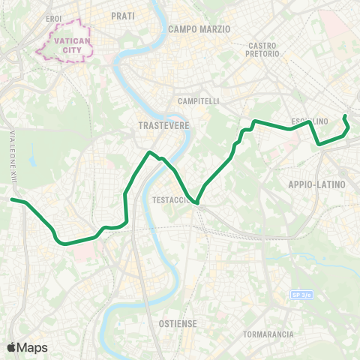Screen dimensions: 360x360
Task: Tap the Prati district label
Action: [x=122, y=15]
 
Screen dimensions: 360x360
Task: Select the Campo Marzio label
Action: [x=199, y=28]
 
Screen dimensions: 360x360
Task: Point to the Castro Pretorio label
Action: [x=263, y=49]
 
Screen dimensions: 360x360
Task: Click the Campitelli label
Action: [x=198, y=101]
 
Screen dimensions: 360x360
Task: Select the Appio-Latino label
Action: [x=316, y=184]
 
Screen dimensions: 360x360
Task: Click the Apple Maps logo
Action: [x=27, y=347]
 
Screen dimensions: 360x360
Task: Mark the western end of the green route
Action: [x=12, y=199]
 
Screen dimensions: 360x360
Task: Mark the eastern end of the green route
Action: [x=344, y=116]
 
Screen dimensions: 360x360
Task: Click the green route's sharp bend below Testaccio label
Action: [x=196, y=202]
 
